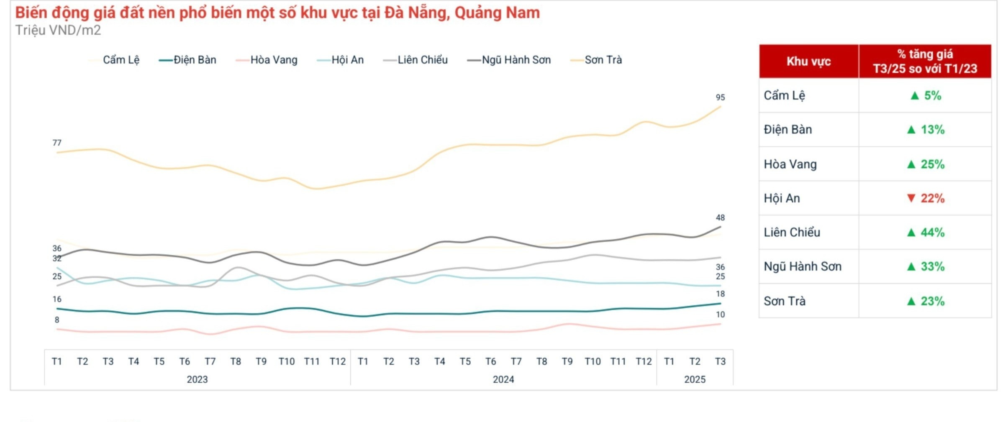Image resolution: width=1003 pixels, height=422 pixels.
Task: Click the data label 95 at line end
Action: pyautogui.click(x=720, y=97)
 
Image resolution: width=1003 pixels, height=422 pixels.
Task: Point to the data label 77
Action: pyautogui.click(x=57, y=143)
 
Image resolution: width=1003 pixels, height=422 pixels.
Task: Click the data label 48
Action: pyautogui.click(x=720, y=218)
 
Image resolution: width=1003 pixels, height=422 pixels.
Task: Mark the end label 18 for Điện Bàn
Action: pyautogui.click(x=720, y=294)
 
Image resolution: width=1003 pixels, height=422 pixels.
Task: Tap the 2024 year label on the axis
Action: pyautogui.click(x=503, y=379)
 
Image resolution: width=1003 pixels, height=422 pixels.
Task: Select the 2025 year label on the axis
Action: pyautogui.click(x=695, y=379)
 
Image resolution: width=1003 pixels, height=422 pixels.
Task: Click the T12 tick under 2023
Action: pyautogui.click(x=337, y=361)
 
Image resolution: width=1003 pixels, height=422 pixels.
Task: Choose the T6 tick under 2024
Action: pyautogui.click(x=490, y=361)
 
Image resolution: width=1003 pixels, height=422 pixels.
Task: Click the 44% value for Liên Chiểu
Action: pyautogui.click(x=932, y=233)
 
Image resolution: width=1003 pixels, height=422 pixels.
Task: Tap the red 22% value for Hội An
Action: pyautogui.click(x=932, y=198)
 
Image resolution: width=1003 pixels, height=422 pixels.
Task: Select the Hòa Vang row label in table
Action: pyautogui.click(x=790, y=164)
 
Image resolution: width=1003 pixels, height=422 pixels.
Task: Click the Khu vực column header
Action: pyautogui.click(x=808, y=61)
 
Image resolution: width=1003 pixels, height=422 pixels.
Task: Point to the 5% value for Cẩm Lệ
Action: pyautogui.click(x=932, y=96)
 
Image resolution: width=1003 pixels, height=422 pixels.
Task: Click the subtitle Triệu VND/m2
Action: pyautogui.click(x=58, y=31)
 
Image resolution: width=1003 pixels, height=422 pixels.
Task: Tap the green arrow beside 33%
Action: pyautogui.click(x=911, y=266)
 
